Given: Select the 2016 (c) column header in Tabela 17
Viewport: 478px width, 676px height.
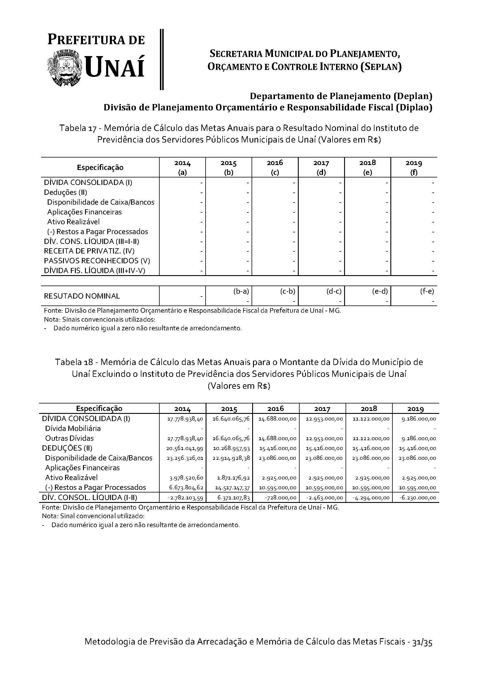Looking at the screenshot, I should pyautogui.click(x=275, y=167).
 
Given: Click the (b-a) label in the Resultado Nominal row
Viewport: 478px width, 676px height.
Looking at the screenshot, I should pyautogui.click(x=241, y=291).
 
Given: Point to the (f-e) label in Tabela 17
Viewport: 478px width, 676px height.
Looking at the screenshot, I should pyautogui.click(x=427, y=291).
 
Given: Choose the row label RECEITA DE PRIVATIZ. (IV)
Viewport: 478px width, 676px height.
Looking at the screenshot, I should pyautogui.click(x=89, y=251).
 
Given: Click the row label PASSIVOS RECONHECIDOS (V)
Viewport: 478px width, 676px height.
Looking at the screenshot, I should pyautogui.click(x=97, y=261).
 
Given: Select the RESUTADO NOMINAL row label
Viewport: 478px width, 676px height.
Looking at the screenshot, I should pyautogui.click(x=82, y=296).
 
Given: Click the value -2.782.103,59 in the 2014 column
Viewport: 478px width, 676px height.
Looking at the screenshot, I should pyautogui.click(x=185, y=498).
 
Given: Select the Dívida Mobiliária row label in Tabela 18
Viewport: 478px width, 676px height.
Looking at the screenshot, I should pyautogui.click(x=73, y=428).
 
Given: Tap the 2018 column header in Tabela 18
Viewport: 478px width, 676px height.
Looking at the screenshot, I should pyautogui.click(x=369, y=408).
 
